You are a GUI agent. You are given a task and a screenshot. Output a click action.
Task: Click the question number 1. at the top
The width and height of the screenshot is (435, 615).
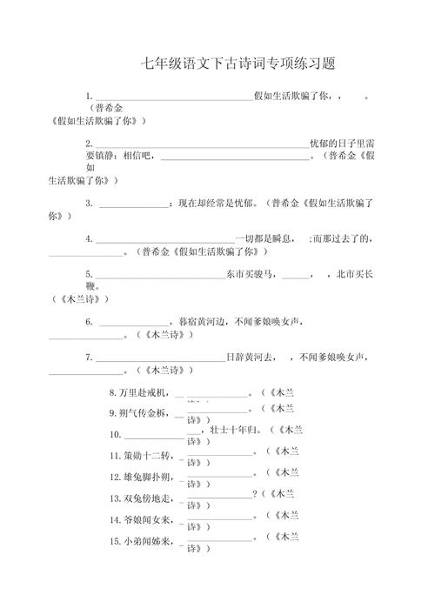(x=89, y=97)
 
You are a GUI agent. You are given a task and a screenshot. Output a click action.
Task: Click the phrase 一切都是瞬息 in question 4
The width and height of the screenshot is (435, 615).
(x=268, y=238)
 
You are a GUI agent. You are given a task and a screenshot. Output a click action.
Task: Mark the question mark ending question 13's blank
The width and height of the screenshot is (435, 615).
(x=254, y=496)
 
